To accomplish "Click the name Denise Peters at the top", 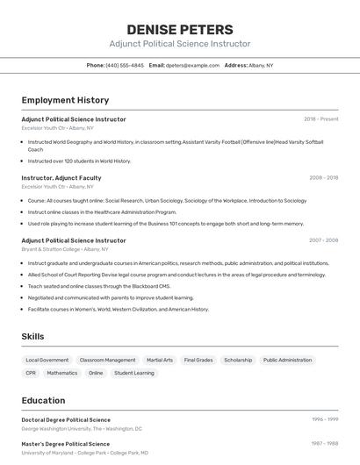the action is pos(179,29).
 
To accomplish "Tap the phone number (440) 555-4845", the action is pos(125,65).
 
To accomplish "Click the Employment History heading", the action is pos(65,100).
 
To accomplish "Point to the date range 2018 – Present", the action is pos(320,118).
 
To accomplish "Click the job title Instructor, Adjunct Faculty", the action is pos(61,177).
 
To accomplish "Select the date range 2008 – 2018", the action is pos(323,177).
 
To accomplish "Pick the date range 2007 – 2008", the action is pos(323,240).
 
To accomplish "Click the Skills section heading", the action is pos(32,336).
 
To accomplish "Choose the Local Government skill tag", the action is pos(47,360).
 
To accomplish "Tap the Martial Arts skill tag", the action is pos(160,360).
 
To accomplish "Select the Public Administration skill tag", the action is pos(287,360).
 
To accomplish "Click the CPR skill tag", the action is pos(31,373).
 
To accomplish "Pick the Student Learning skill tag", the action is pos(133,373).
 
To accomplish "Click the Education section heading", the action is pos(43,400).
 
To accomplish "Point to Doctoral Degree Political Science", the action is pos(66,419).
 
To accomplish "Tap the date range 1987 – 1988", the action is pos(324,443).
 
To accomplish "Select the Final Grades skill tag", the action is pos(198,360).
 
